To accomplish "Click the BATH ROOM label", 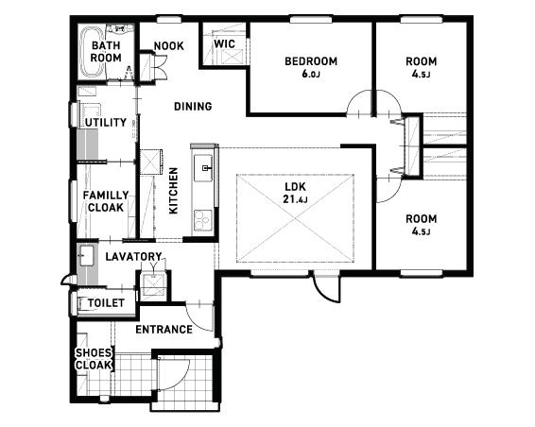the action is point(106,52).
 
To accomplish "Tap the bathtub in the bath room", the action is point(92,52).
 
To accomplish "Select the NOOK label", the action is point(168,45).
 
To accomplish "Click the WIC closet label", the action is point(225,43).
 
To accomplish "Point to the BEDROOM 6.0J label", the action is point(311,67).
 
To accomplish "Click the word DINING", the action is point(193,107).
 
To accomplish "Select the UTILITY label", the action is point(106,123).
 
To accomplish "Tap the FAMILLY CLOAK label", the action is point(106,201).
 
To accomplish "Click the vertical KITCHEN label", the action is point(173,191).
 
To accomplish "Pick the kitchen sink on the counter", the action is point(203,168).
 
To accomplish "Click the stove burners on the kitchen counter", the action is point(203,220).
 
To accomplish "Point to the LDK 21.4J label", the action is point(295,193).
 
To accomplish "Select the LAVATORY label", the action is point(133,256).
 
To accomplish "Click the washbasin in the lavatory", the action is point(87,255).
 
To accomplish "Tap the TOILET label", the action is point(106,303).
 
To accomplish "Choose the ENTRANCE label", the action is point(164,330).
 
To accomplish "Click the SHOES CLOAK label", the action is point(94,359).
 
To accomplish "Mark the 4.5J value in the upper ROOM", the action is point(421,75).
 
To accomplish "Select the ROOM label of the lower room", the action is point(421,219).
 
